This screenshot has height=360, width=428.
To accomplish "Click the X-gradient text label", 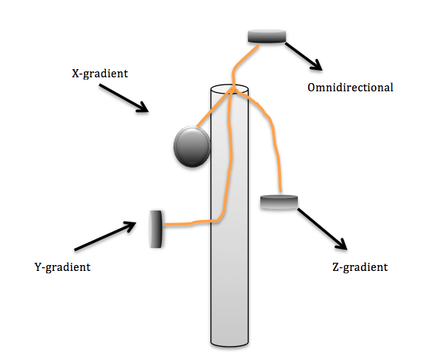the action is (100, 74).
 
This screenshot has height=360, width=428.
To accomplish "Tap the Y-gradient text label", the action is (63, 267).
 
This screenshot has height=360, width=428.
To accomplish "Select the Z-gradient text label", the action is (360, 267).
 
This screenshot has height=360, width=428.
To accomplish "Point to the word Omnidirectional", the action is (350, 88).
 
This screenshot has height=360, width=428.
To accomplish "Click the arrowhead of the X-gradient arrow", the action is (144, 108).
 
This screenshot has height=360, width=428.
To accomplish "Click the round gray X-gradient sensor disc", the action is (192, 147).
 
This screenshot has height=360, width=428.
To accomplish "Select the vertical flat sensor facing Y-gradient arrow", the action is (156, 229).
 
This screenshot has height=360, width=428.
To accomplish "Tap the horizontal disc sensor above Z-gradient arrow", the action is (279, 202).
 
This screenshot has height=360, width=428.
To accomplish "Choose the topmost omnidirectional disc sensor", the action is (267, 36).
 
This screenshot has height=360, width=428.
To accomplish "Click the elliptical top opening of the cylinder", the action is (229, 89).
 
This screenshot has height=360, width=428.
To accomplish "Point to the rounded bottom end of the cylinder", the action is (229, 344).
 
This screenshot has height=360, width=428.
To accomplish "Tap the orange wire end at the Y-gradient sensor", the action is (164, 225).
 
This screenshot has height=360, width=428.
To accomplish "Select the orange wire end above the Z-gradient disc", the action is (280, 191).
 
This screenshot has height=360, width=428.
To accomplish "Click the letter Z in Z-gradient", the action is (336, 267).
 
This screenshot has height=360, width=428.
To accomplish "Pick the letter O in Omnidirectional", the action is (312, 88).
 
